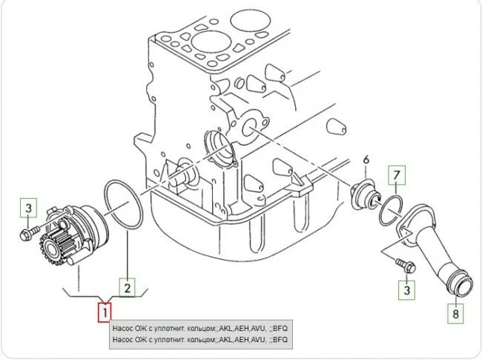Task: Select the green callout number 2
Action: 128,285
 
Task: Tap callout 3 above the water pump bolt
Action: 28,208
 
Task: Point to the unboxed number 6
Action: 366,160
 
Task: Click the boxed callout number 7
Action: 397,176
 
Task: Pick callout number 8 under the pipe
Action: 457,314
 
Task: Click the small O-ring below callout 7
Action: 391,210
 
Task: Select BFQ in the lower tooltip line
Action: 280,340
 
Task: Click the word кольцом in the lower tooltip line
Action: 195,340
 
